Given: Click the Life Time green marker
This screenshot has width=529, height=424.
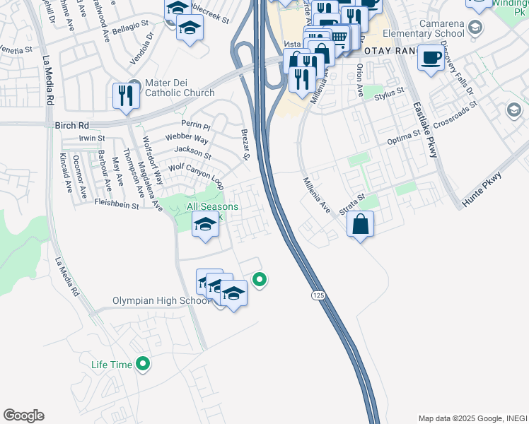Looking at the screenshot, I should pyautogui.click(x=144, y=365).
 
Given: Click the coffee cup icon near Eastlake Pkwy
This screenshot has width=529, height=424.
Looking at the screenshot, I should pyautogui.click(x=430, y=58).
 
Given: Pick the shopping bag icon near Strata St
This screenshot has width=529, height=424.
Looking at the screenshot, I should pyautogui.click(x=361, y=225).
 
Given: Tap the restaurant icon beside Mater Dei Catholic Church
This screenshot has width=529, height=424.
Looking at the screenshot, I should pyautogui.click(x=126, y=95).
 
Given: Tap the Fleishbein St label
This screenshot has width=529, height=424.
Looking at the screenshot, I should pyautogui.click(x=116, y=204).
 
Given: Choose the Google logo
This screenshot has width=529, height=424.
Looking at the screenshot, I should pyautogui.click(x=24, y=416).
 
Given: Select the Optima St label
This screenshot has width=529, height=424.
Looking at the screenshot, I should pyautogui.click(x=406, y=138).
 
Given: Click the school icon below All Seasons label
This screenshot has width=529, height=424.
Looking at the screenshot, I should pyautogui.click(x=205, y=225).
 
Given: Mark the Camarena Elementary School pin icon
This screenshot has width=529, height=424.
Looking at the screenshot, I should pyautogui.click(x=475, y=27).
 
